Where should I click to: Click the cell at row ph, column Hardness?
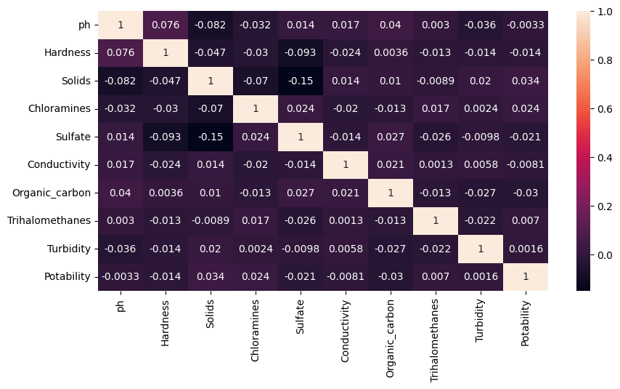pos(166,25)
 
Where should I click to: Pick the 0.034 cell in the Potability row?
pos(211,276)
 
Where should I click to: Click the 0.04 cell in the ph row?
pos(391,25)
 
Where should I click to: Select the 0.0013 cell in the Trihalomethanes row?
pos(346,220)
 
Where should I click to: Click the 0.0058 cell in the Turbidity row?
pos(346,249)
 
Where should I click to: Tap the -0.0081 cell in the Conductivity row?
pos(526,164)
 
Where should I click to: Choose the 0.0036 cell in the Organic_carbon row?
pos(166,193)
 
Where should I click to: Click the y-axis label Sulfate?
pos(74,137)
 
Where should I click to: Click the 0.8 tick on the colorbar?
pos(603,60)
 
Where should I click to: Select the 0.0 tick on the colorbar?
pos(603,255)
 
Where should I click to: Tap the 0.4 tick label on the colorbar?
pos(603,158)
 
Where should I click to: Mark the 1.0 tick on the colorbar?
pos(603,12)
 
